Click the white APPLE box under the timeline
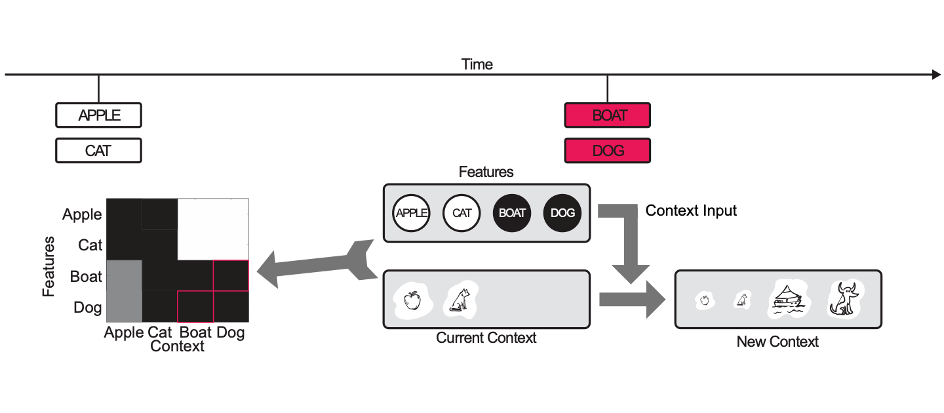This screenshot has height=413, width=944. point(98,115)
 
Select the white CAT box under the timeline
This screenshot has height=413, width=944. point(98,150)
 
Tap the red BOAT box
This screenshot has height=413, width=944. point(607,115)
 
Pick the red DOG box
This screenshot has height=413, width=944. point(607,150)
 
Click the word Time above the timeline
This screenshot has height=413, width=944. point(477,64)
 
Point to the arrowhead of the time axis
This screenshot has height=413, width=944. point(936,75)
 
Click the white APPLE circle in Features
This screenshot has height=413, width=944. point(410,213)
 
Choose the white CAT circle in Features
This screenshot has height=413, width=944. point(462,213)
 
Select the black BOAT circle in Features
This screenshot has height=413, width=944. point(512,213)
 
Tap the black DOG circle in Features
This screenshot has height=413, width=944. point(562,213)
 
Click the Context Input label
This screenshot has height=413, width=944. point(691,210)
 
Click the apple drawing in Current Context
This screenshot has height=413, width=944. point(412,300)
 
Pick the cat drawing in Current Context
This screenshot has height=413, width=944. point(460,300)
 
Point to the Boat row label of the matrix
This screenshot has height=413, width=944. point(86,277)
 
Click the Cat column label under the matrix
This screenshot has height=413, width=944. point(159,332)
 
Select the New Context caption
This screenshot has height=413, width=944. point(777,342)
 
